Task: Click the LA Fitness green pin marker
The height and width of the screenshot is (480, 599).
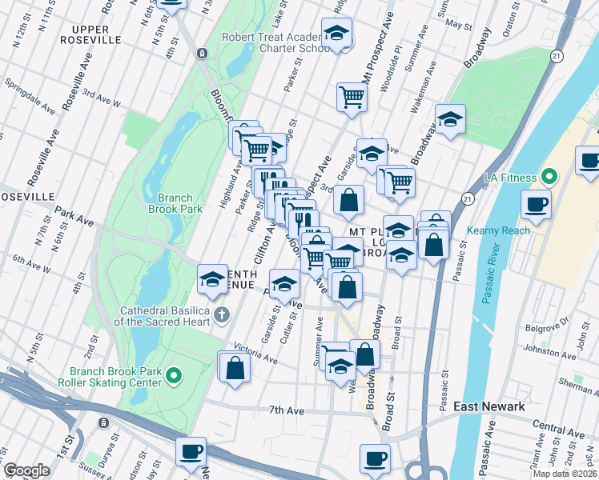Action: [x=549, y=176]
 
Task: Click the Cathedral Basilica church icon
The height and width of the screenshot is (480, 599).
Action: [x=222, y=311]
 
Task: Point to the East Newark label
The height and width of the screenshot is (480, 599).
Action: [x=488, y=406]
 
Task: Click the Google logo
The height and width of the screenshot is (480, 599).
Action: [x=26, y=470]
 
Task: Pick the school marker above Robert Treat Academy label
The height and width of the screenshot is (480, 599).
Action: [x=336, y=34]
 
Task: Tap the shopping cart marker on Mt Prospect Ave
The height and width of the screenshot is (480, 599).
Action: [x=351, y=97]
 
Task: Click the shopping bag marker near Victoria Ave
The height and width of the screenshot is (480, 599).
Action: [x=235, y=369]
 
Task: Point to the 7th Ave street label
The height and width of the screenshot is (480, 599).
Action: [x=286, y=410]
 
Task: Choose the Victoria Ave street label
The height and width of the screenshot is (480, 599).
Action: [x=255, y=354]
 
